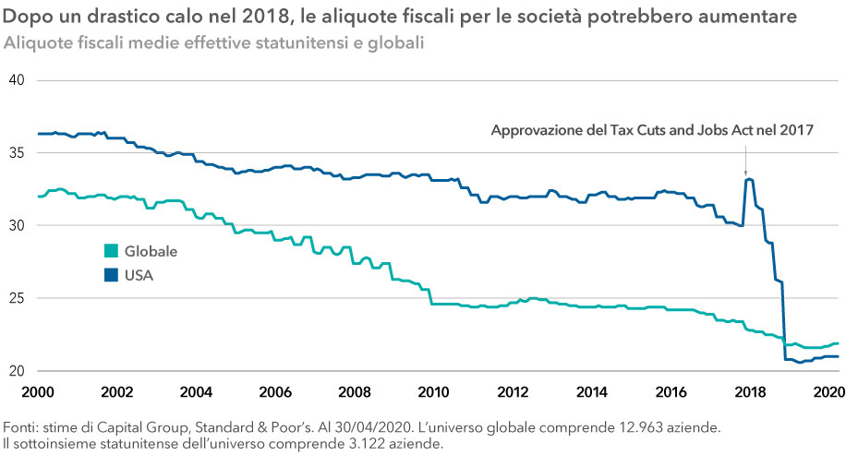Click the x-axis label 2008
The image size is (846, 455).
click(355, 391)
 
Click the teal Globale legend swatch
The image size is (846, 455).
click(111, 251)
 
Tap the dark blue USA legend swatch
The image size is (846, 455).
click(111, 273)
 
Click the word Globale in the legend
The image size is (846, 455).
click(151, 251)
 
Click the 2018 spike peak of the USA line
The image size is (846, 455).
click(748, 179)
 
